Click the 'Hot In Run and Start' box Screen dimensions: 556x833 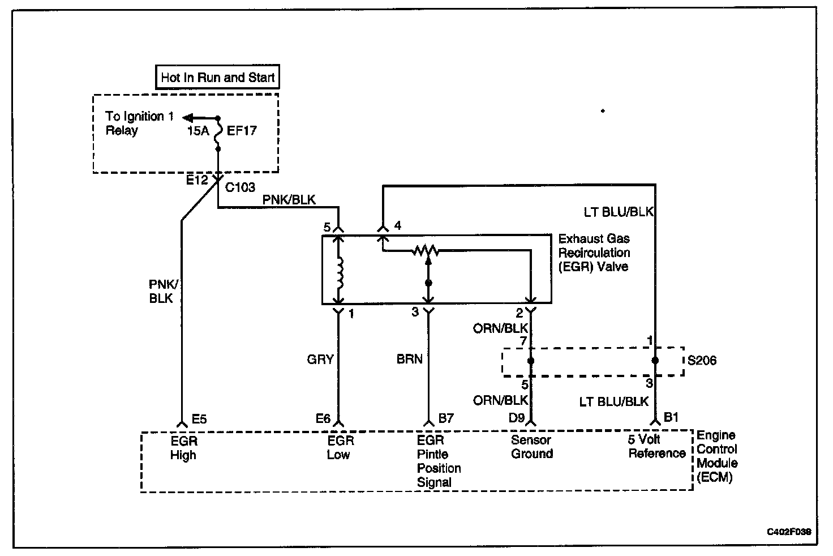217,78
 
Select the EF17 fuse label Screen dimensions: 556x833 242,131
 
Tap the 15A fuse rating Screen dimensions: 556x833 197,131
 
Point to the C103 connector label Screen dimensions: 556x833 240,187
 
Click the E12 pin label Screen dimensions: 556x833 198,180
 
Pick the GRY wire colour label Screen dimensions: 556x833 320,359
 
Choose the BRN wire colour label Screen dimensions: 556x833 410,359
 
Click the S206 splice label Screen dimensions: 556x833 702,361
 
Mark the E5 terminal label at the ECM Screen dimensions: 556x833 199,420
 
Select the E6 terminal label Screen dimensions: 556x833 323,419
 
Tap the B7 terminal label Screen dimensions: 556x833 446,419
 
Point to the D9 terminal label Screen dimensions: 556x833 516,419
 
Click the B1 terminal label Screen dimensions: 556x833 671,418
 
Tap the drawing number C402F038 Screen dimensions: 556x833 789,532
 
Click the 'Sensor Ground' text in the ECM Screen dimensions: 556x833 531,447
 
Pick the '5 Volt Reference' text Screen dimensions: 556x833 656,446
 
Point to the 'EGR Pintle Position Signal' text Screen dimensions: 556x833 439,461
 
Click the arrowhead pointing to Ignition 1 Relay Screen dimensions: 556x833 187,118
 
